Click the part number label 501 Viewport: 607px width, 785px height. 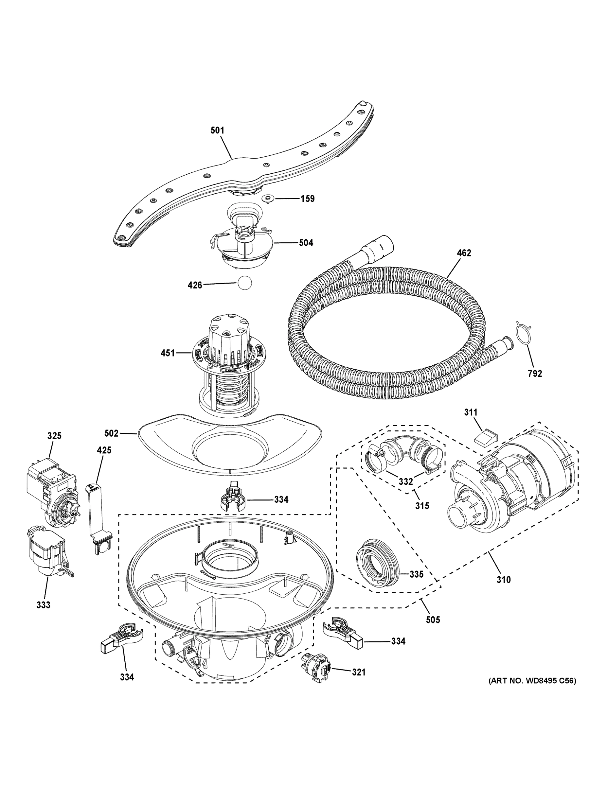click(217, 130)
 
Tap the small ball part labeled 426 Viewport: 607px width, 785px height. click(244, 283)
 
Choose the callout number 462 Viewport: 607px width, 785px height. click(464, 253)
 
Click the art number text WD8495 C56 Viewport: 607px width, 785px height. click(532, 691)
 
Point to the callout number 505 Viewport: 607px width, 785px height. click(433, 620)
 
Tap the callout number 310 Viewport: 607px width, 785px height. click(504, 579)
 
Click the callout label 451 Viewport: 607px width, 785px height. click(168, 353)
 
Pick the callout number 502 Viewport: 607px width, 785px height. click(111, 433)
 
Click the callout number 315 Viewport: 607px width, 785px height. click(422, 506)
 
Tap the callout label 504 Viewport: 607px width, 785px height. click(306, 243)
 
